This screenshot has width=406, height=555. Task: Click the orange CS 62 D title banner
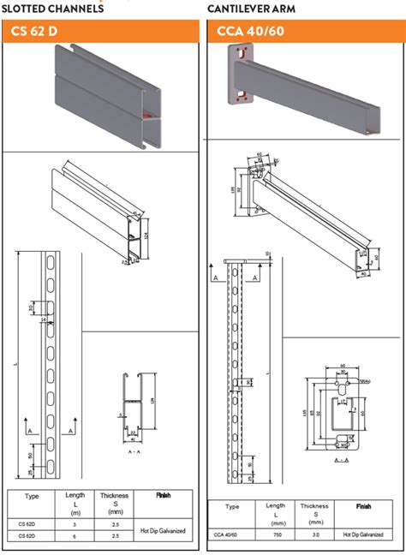click(100, 32)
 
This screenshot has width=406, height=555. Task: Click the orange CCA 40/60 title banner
click(305, 32)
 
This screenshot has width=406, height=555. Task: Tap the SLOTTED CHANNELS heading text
click(53, 8)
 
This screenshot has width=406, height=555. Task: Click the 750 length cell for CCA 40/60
click(275, 534)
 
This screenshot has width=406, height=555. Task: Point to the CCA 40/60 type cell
click(227, 534)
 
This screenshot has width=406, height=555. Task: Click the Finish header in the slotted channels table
click(162, 495)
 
